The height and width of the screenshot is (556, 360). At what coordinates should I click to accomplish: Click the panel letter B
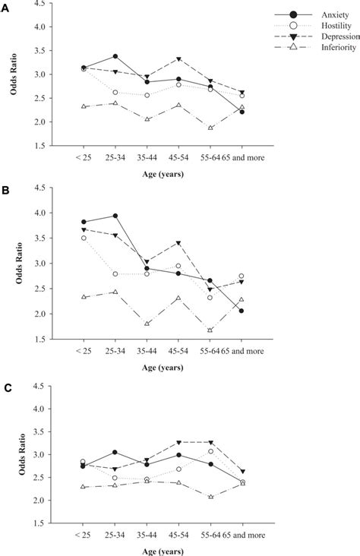[6, 194]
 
